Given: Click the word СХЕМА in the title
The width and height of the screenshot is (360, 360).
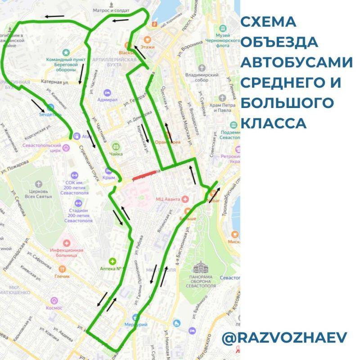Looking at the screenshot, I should (x=269, y=22).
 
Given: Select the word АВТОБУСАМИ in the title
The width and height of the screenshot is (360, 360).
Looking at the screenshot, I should (x=297, y=63).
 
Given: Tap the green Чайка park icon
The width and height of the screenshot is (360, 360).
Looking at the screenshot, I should (x=117, y=146).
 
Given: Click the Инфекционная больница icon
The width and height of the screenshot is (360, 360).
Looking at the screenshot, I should (x=68, y=243).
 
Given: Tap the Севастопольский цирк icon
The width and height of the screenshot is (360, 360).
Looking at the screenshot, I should (x=66, y=146).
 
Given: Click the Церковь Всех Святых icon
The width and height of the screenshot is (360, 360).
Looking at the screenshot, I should (x=39, y=184).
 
